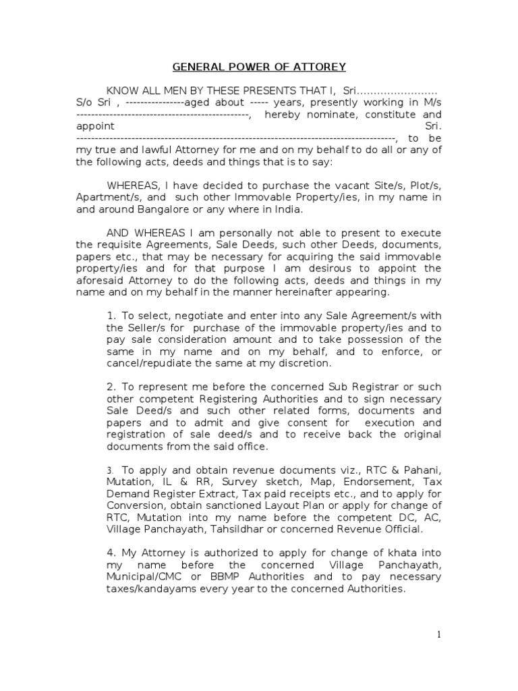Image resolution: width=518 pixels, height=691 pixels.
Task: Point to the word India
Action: [272, 209]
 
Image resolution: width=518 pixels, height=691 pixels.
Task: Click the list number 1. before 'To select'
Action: [112, 316]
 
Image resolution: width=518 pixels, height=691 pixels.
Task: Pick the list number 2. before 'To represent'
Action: [112, 387]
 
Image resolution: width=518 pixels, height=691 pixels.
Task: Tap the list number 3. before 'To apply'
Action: [109, 469]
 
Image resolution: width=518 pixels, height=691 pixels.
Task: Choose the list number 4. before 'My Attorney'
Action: [112, 552]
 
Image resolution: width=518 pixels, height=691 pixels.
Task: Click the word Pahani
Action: [424, 469]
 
